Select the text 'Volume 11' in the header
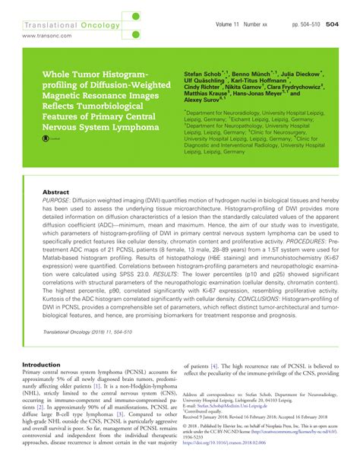[231, 24]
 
